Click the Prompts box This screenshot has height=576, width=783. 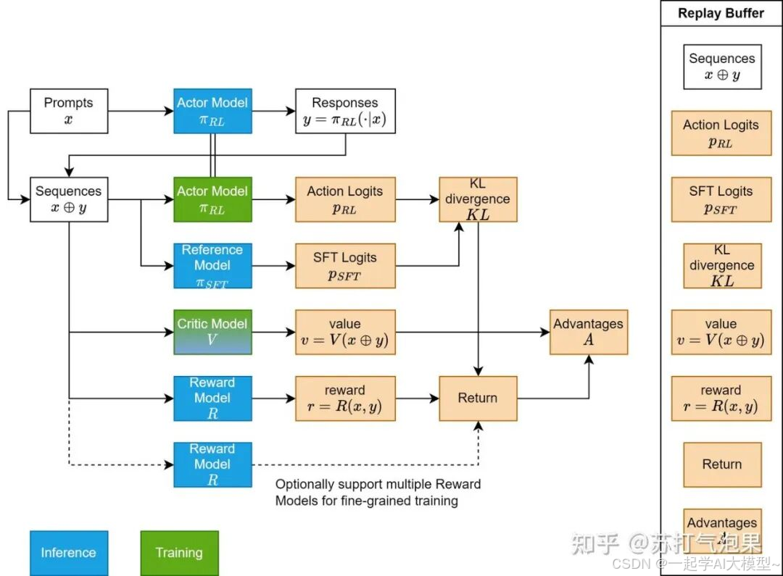(69, 111)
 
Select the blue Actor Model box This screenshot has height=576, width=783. (212, 111)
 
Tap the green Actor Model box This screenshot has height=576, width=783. (212, 199)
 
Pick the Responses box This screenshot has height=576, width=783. (345, 111)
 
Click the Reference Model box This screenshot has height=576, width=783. (212, 266)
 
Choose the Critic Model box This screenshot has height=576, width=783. (212, 332)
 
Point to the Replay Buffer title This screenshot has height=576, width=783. (721, 13)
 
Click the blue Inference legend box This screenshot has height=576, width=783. (69, 553)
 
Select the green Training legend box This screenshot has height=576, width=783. (179, 553)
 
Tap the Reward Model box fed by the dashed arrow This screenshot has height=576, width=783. (212, 464)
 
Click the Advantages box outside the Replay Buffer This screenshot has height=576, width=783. (588, 332)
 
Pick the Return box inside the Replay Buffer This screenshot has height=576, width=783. (722, 464)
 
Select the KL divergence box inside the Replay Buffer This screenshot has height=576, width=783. (722, 266)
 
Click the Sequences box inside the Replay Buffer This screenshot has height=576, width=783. (722, 67)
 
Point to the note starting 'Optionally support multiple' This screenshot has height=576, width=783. (377, 492)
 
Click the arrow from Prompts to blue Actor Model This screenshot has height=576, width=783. (141, 111)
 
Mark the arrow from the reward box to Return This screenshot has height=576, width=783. (417, 398)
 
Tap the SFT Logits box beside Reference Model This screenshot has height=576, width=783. (345, 266)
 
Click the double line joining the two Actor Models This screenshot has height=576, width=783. (212, 155)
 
